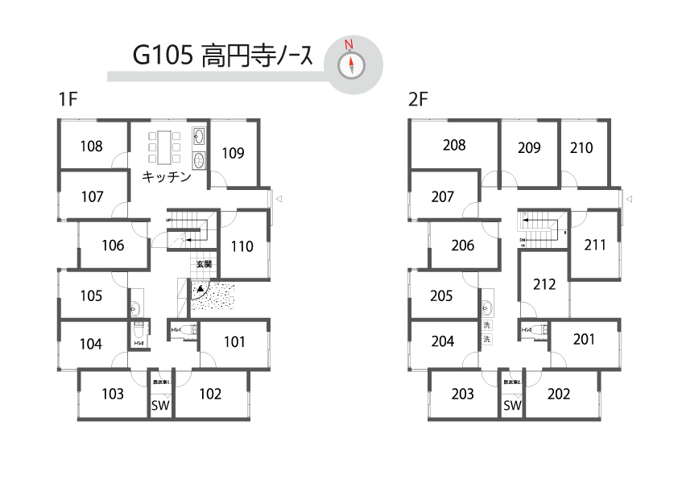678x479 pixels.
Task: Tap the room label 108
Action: (92, 146)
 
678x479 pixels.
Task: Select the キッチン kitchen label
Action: (167, 177)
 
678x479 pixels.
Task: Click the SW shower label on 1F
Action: (160, 405)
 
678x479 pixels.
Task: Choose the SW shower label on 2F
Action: (512, 405)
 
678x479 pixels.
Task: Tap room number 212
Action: (544, 284)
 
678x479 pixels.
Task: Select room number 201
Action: (584, 340)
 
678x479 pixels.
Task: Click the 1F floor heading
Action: (67, 101)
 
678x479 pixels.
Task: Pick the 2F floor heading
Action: (418, 101)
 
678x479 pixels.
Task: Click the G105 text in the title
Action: (161, 56)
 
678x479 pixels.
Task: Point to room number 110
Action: (242, 246)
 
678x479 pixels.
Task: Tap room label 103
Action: (113, 394)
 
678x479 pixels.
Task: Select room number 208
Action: (454, 146)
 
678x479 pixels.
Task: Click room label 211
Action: (594, 245)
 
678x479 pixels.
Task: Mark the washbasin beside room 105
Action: (134, 308)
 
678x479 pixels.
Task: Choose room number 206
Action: (463, 246)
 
